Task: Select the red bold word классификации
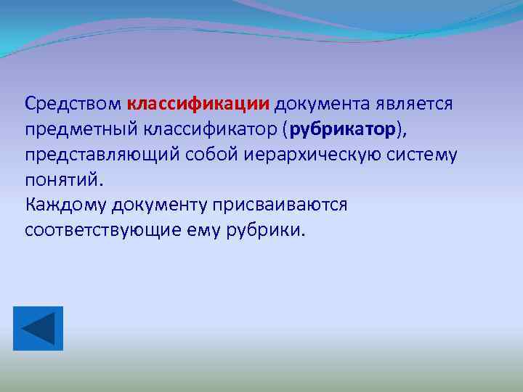[x=198, y=103]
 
